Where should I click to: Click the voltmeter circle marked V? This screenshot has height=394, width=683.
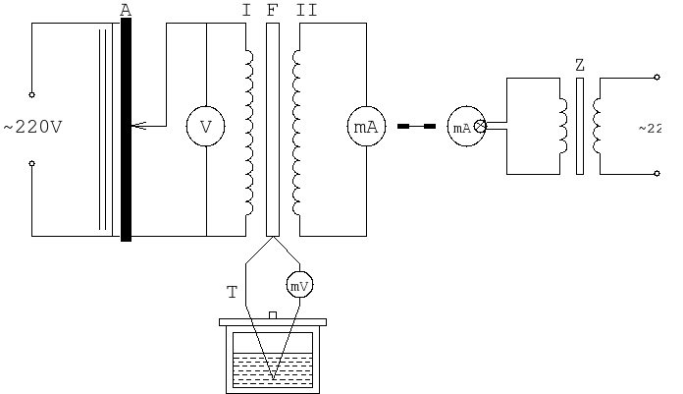tap(205, 128)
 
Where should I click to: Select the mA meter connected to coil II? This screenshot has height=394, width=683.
tap(366, 128)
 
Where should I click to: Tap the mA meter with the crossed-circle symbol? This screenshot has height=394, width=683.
tap(466, 128)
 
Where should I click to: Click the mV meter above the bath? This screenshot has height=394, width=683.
tap(299, 285)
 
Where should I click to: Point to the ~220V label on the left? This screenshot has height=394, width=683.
tap(33, 128)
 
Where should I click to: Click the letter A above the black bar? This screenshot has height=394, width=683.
tap(126, 10)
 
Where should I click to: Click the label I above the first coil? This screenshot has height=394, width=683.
tap(246, 10)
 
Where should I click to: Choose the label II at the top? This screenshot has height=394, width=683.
tap(306, 10)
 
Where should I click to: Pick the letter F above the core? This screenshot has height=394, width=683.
tap(272, 10)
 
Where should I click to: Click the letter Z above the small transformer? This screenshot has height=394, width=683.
tap(580, 65)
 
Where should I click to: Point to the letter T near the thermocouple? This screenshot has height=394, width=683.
tap(232, 292)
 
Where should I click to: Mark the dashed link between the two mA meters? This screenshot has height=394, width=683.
tap(416, 127)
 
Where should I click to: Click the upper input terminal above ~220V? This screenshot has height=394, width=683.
tap(31, 94)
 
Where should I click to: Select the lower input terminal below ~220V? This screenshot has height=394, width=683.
tap(31, 163)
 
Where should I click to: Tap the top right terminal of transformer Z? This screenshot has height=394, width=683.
tap(657, 78)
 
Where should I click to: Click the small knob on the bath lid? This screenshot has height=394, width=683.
tap(273, 314)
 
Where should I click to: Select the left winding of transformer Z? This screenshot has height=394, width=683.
tap(563, 126)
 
